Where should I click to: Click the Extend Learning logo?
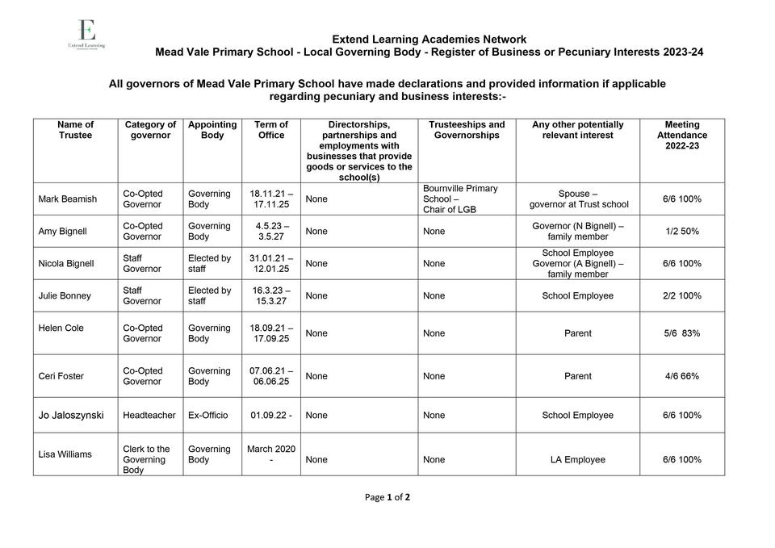click(x=86, y=36)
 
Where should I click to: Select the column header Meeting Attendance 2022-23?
click(x=681, y=135)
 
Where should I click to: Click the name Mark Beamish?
click(x=68, y=199)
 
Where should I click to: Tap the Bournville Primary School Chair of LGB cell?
click(x=461, y=199)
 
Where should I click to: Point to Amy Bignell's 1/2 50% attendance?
click(x=681, y=232)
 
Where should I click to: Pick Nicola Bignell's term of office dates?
click(x=271, y=263)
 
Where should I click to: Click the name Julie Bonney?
click(x=65, y=296)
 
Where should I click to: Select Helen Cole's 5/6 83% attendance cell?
click(x=681, y=333)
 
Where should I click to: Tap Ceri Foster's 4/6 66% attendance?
click(x=681, y=376)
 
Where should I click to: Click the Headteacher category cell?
click(x=149, y=416)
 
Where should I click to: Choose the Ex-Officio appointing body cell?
click(x=207, y=416)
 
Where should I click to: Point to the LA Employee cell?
click(x=577, y=460)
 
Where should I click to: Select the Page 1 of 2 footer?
click(x=387, y=497)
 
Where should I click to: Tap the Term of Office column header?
click(x=271, y=130)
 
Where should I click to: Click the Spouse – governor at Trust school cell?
click(x=577, y=199)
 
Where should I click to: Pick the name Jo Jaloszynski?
click(x=71, y=416)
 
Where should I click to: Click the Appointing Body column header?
click(x=212, y=130)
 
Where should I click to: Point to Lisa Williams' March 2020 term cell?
click(x=271, y=454)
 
